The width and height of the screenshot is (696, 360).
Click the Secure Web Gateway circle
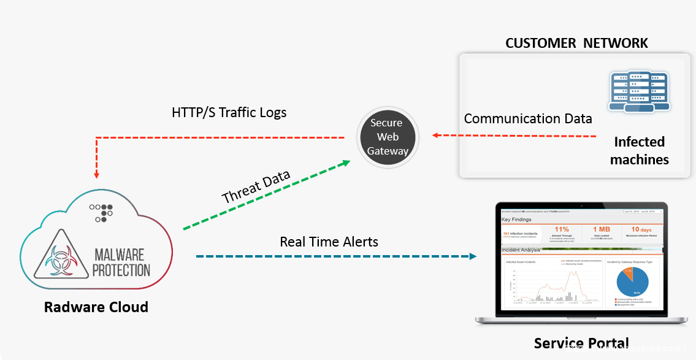point(387,137)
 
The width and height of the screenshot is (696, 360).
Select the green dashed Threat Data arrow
point(266,196)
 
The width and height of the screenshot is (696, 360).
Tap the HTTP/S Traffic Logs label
point(229,113)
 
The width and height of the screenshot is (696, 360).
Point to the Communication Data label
point(528,118)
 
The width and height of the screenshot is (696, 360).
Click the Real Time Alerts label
point(329,242)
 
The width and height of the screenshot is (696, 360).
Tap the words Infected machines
point(640,150)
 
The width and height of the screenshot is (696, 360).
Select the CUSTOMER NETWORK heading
point(576,43)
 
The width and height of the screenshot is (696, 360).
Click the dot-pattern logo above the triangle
point(101,212)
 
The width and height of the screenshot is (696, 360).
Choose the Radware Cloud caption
point(96,307)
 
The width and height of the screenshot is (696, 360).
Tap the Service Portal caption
point(581,343)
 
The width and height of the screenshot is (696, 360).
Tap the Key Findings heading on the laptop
point(516,219)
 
